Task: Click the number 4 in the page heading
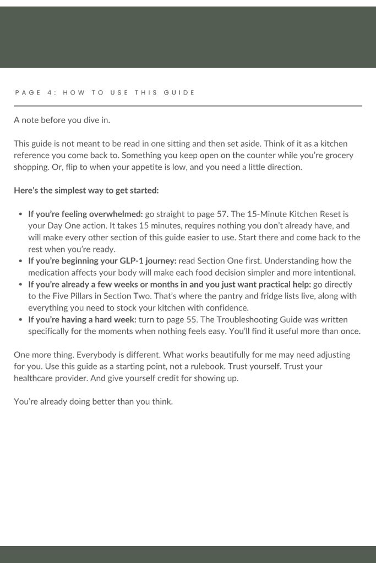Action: pos(49,92)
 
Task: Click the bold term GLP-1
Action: pos(133,261)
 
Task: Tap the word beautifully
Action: pos(217,355)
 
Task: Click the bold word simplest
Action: pos(58,190)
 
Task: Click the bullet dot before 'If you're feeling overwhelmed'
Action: pos(21,214)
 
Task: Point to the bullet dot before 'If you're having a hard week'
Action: pos(21,319)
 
